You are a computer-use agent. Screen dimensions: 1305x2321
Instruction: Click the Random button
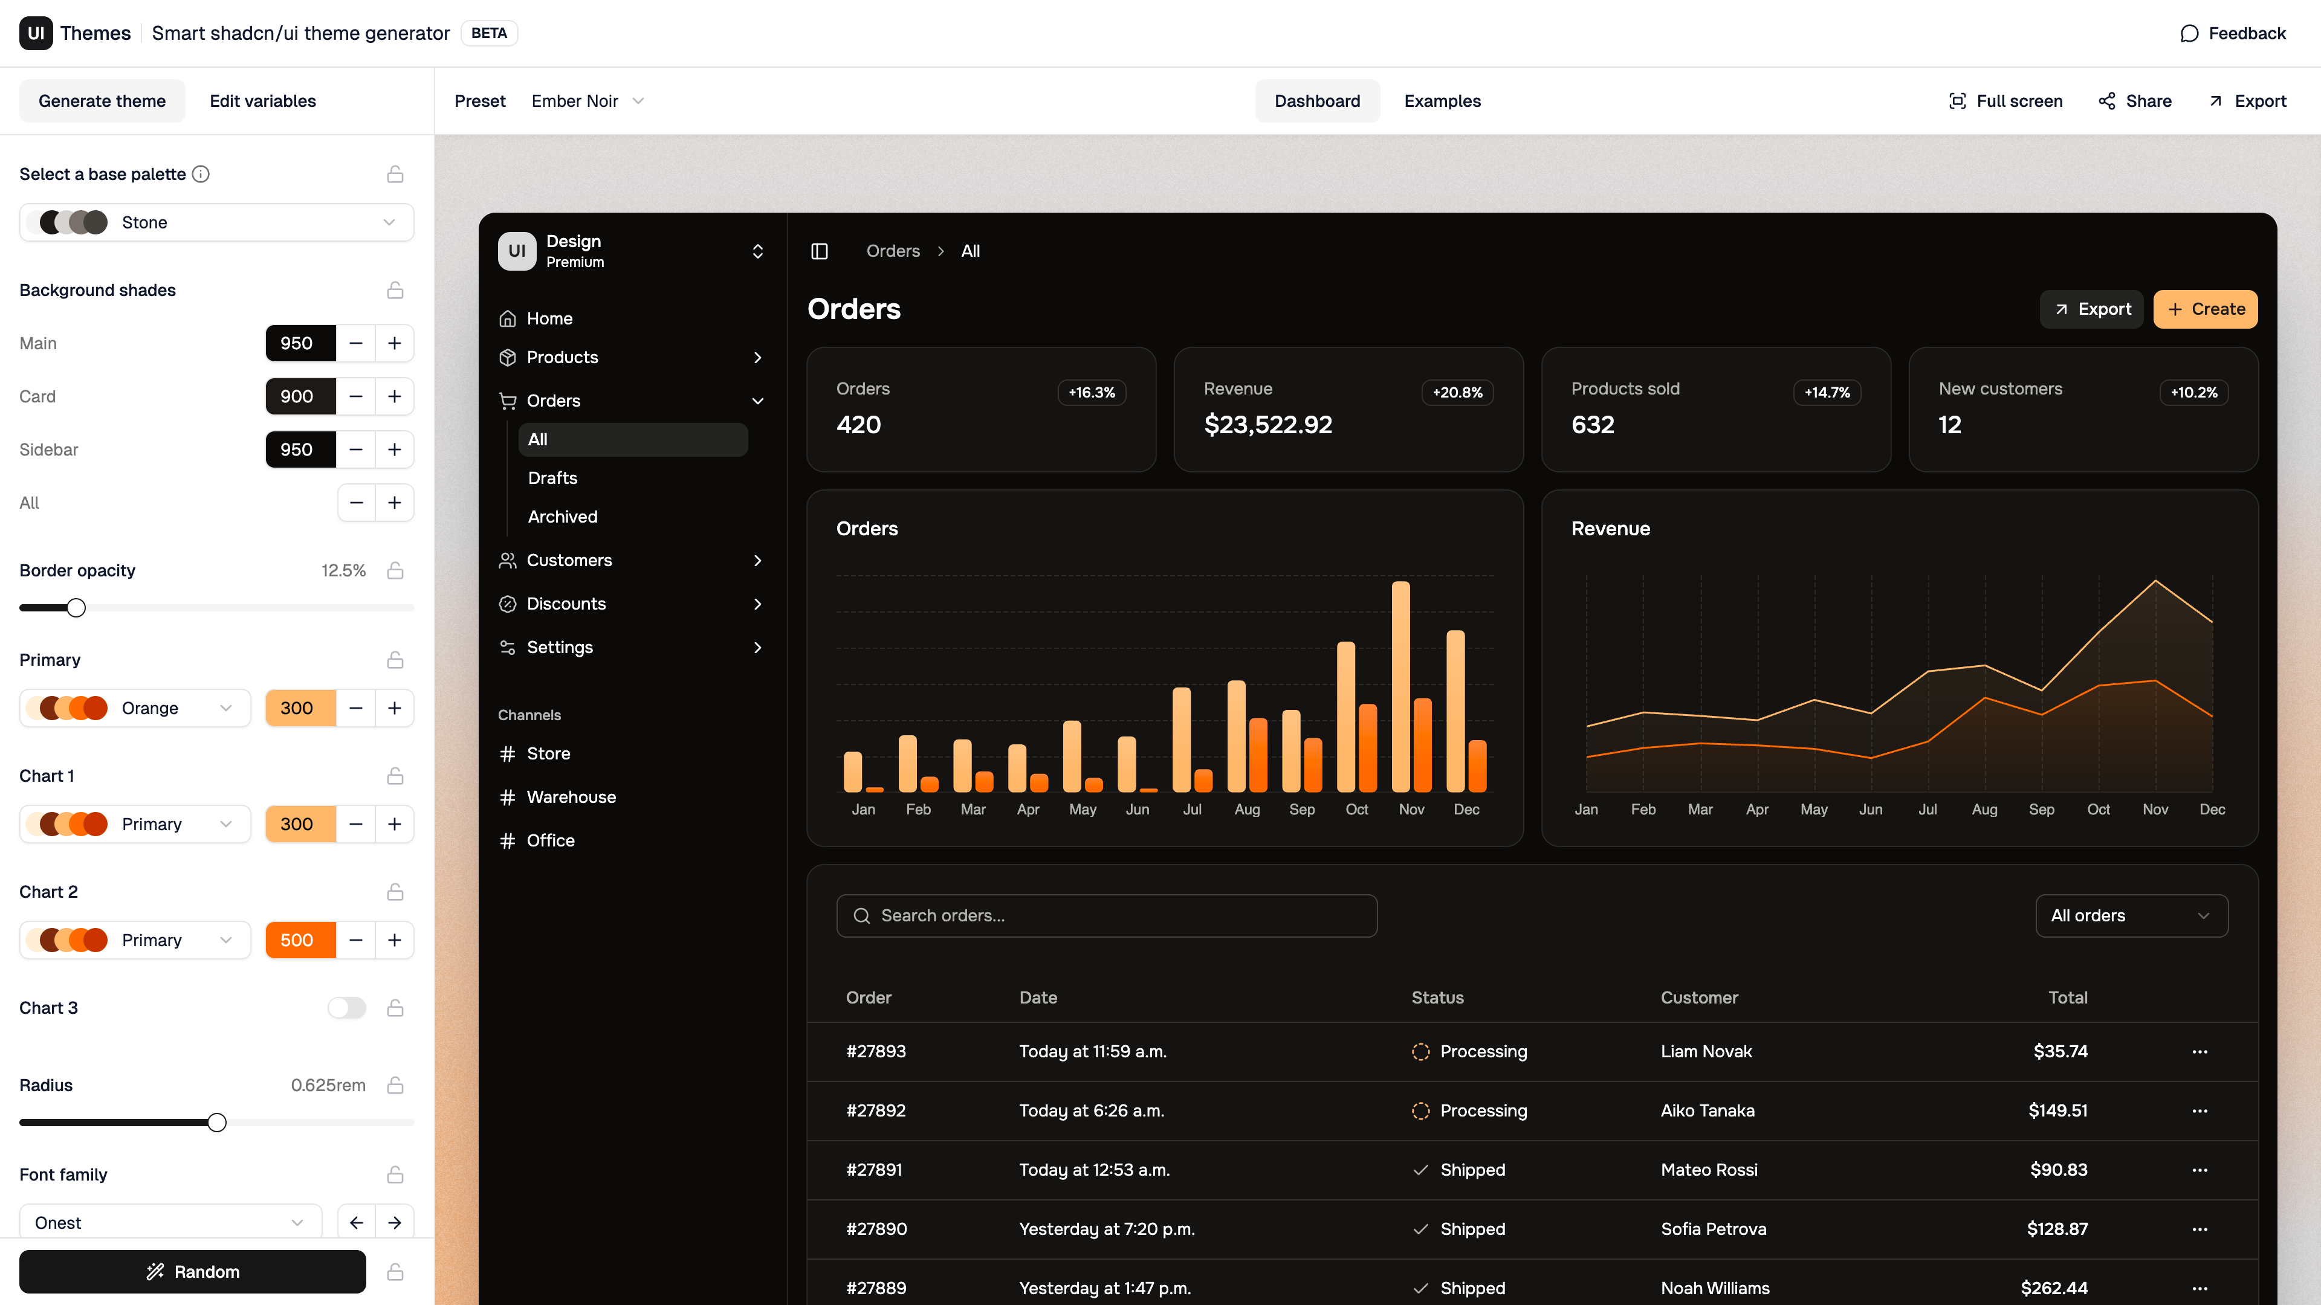pos(192,1271)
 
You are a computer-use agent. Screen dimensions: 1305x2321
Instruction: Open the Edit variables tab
pos(262,101)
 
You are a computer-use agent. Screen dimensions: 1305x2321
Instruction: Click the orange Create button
pos(2205,309)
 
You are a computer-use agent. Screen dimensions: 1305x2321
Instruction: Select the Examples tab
pos(1442,101)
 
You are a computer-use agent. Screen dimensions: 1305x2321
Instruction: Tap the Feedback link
pos(2233,33)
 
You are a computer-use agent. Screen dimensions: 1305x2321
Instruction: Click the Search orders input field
pos(1107,915)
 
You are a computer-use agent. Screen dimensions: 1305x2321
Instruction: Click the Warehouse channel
pos(571,797)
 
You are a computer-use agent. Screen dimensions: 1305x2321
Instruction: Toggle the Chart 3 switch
pos(347,1008)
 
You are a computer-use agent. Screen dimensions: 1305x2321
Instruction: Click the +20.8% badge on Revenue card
pos(1457,393)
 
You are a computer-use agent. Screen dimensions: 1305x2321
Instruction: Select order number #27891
pos(875,1170)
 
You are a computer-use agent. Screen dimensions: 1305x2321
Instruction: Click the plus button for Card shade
pos(395,396)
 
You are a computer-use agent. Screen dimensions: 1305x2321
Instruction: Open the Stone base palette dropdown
pos(216,222)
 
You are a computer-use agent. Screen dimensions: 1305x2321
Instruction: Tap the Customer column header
pos(1698,997)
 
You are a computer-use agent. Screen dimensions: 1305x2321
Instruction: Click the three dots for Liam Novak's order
pos(2200,1051)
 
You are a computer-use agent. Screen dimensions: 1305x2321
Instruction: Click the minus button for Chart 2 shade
pos(356,940)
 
